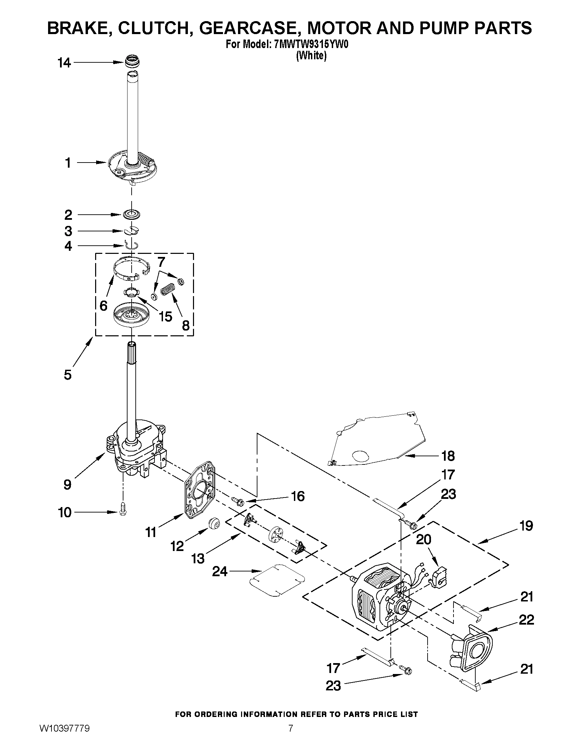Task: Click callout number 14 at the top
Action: pyautogui.click(x=64, y=63)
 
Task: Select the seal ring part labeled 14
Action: pyautogui.click(x=133, y=62)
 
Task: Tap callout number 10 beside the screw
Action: pyautogui.click(x=64, y=512)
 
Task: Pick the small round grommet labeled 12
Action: pyautogui.click(x=214, y=524)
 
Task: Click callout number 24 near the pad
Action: pyautogui.click(x=220, y=571)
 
